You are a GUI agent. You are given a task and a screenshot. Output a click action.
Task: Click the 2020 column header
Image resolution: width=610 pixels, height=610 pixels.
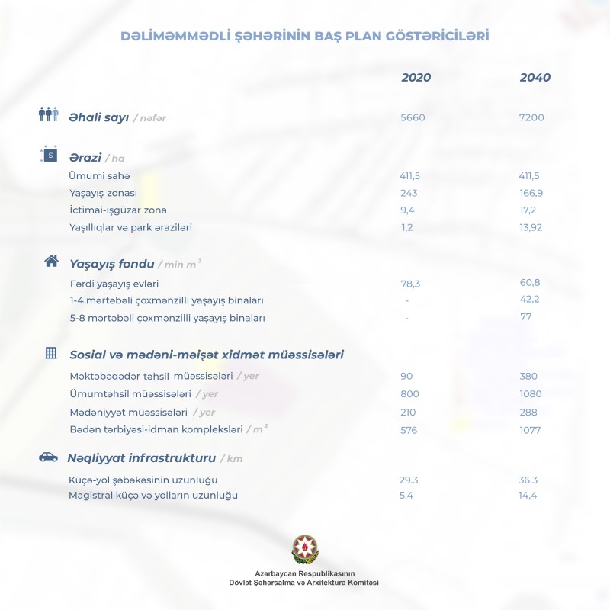(x=416, y=78)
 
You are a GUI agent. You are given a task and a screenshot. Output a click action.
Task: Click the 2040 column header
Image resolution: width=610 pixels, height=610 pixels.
(x=535, y=78)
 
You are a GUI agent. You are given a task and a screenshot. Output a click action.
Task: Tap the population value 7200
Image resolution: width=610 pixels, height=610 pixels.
(x=531, y=117)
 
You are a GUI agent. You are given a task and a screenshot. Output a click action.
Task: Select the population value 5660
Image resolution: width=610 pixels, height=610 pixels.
(x=413, y=117)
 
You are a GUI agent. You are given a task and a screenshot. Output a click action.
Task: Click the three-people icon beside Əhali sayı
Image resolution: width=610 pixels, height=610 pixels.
(x=49, y=115)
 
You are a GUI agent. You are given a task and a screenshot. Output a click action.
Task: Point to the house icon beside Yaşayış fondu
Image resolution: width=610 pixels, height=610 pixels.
(x=51, y=262)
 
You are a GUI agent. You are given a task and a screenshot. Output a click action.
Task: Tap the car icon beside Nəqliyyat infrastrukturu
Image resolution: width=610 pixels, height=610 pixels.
(x=48, y=457)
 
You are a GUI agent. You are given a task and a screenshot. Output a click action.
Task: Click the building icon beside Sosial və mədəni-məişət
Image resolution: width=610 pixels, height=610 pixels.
(x=51, y=353)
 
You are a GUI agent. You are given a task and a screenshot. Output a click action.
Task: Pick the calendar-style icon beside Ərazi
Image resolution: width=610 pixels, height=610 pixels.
(x=49, y=155)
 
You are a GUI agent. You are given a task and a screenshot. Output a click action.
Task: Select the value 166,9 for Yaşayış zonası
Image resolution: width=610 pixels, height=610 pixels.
(x=531, y=193)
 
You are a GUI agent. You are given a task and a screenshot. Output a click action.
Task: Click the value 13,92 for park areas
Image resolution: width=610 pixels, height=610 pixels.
(x=532, y=227)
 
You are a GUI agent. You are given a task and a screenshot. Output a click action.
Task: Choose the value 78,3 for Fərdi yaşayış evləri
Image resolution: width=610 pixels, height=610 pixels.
(x=412, y=283)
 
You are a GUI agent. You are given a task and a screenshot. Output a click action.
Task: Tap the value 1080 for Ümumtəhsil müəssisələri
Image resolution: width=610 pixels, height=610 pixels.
(x=529, y=394)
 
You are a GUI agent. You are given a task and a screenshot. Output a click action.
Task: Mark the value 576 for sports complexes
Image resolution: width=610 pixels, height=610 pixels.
(x=410, y=430)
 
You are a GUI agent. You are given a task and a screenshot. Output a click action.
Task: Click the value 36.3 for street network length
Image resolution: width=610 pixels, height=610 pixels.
(x=528, y=480)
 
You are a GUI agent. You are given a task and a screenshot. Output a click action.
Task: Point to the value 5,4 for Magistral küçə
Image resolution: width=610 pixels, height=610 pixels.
(x=407, y=496)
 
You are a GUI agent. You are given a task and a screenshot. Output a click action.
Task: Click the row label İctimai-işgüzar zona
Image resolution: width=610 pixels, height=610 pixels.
(x=118, y=210)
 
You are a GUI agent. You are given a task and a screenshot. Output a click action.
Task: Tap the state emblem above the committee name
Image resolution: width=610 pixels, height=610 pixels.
(x=305, y=549)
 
